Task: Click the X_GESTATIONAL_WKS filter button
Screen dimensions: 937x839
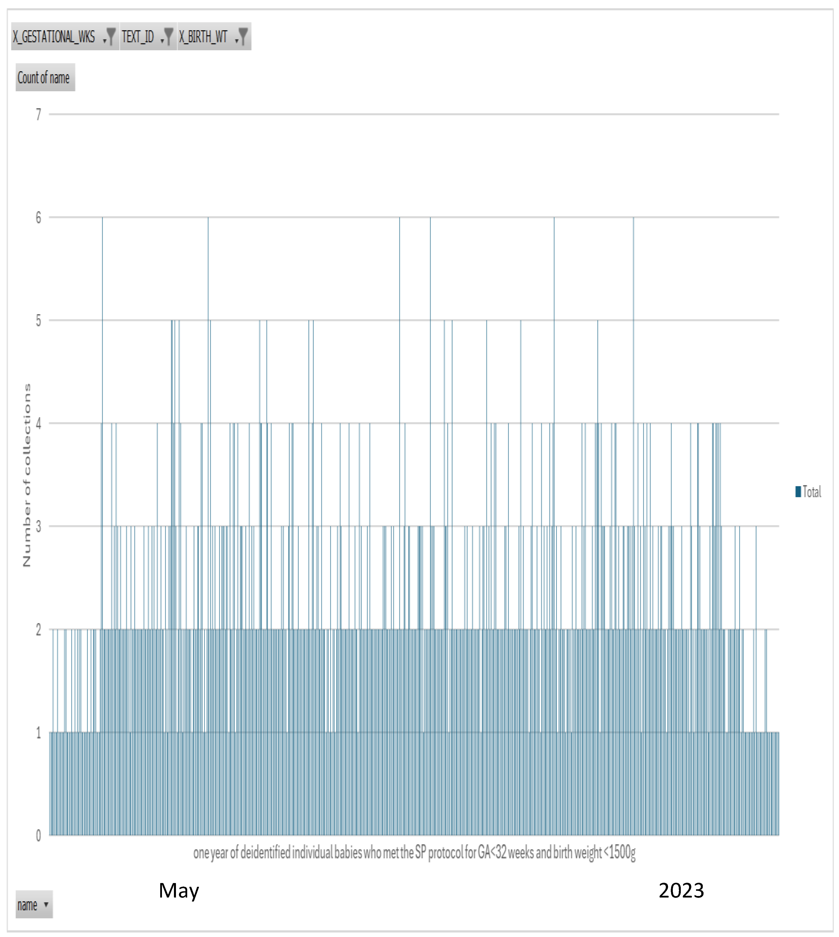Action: tap(64, 36)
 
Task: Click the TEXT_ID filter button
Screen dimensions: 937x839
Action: tap(147, 36)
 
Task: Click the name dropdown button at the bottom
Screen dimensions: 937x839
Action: tap(34, 905)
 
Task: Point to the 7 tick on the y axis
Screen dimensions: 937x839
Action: tap(39, 114)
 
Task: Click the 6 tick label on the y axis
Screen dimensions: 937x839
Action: tap(39, 218)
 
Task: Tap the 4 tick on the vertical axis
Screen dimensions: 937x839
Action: tap(39, 424)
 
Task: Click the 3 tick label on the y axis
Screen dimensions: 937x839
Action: tap(39, 526)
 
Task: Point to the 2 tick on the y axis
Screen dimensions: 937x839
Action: tap(39, 630)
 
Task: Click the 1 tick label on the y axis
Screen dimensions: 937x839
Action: tap(39, 732)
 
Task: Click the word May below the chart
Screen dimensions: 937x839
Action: tap(179, 890)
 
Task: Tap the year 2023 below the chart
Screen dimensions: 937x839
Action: tap(681, 890)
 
